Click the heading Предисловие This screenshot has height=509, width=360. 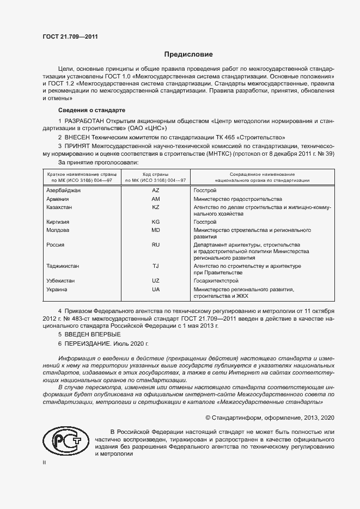click(189, 54)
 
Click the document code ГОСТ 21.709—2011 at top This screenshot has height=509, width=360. click(70, 37)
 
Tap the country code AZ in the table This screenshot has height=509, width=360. click(155, 191)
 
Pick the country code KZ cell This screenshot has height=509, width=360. click(155, 207)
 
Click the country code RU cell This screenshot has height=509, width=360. click(155, 245)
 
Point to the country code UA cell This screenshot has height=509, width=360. click(155, 289)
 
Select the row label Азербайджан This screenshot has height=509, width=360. click(64, 191)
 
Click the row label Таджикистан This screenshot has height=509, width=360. click(63, 266)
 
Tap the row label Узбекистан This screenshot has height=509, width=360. click(61, 280)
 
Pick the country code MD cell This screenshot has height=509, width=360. click(155, 230)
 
